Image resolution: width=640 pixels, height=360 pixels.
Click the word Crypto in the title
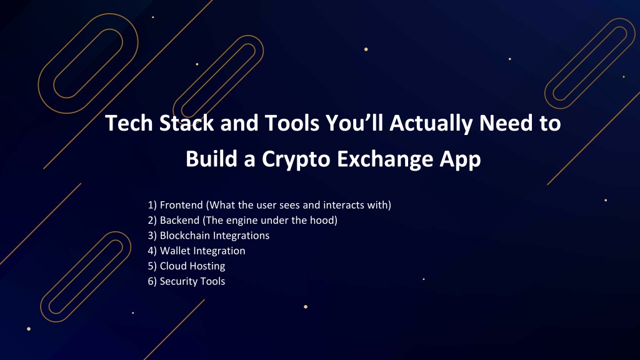point(296,159)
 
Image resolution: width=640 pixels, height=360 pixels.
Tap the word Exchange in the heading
point(385,159)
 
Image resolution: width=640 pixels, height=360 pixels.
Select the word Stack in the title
point(186,123)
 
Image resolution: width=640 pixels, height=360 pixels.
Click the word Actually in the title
point(431,124)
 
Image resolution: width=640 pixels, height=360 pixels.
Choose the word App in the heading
point(461,159)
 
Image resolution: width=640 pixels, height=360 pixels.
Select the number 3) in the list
point(152,236)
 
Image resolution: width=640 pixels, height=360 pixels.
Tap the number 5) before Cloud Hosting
point(152,266)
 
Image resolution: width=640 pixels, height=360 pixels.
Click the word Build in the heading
point(211,159)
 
